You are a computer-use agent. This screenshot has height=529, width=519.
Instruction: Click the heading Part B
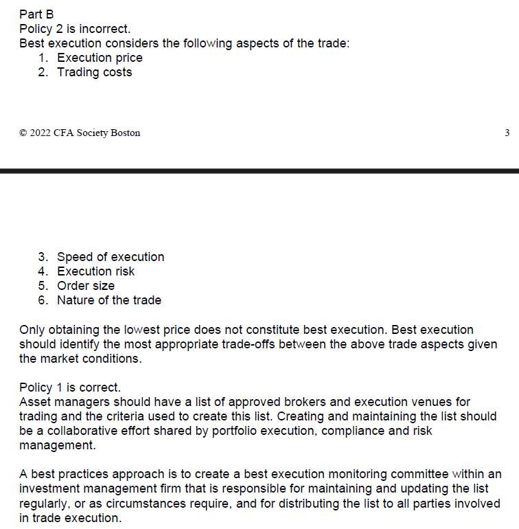36,14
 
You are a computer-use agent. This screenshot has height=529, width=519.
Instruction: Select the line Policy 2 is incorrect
75,29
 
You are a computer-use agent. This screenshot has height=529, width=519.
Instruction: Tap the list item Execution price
100,58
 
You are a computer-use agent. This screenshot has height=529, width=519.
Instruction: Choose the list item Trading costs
94,72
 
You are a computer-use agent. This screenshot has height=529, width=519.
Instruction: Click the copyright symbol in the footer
23,133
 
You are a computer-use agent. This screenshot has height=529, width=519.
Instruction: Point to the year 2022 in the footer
41,133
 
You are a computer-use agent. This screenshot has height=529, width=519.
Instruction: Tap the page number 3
507,133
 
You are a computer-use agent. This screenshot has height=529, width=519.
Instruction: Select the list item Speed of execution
111,257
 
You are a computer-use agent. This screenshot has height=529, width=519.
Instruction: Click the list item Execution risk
95,271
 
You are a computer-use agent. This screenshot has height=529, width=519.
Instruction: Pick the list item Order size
86,286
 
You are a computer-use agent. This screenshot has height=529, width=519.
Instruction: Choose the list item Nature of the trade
109,300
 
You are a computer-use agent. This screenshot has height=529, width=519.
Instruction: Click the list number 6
43,300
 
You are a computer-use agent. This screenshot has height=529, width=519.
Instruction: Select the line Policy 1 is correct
70,387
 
